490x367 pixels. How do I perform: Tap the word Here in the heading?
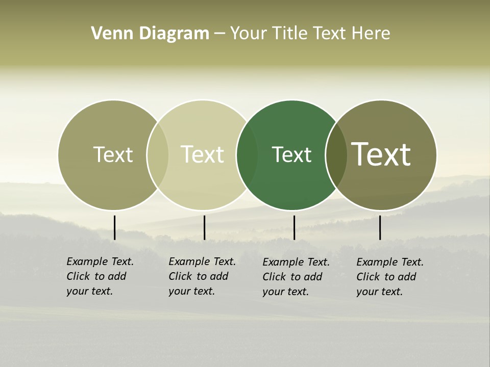tap(371, 34)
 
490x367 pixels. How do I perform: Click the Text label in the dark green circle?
tap(291, 155)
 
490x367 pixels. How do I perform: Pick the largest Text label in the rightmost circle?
tap(381, 154)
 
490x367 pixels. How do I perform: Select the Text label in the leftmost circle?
tap(113, 154)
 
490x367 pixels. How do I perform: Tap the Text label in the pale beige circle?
tap(202, 154)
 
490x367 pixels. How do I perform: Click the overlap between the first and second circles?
tap(158, 155)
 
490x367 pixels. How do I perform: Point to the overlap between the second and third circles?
tap(247, 155)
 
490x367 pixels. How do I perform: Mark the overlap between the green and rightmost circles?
tap(336, 155)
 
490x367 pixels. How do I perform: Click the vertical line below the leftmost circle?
tap(114, 227)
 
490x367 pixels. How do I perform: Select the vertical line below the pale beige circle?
tap(204, 227)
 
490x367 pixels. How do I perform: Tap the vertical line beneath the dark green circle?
tap(294, 227)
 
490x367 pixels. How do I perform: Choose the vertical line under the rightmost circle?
tap(380, 227)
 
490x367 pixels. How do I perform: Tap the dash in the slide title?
tap(219, 34)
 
